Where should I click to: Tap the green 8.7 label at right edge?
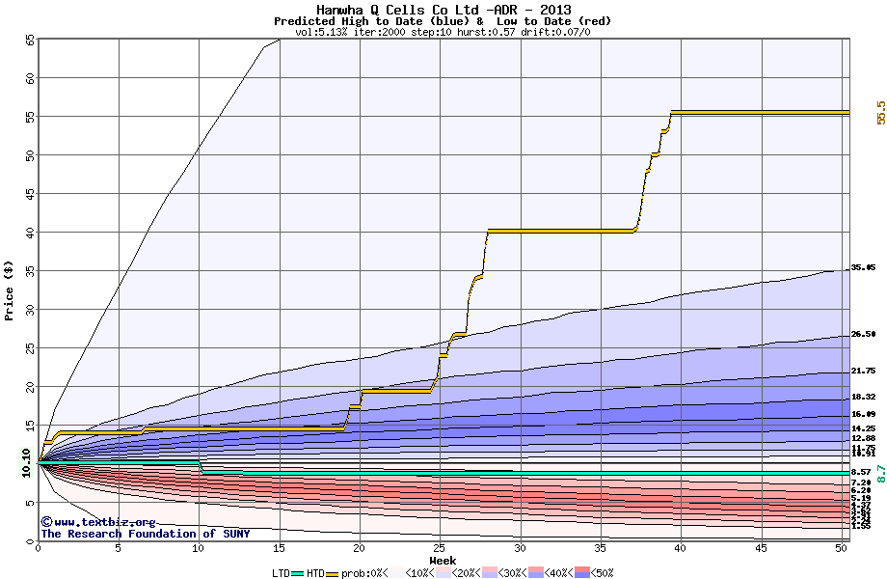pos(880,473)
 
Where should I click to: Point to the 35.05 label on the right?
pos(863,267)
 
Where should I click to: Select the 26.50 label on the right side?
pos(863,334)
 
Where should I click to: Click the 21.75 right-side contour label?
pos(863,371)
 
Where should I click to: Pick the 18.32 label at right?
pos(863,397)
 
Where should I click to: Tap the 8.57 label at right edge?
pos(861,472)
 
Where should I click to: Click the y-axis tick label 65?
pos(29,40)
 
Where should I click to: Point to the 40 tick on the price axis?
pos(29,233)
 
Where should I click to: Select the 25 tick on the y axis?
pos(29,348)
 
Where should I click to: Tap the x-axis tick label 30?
pos(521,548)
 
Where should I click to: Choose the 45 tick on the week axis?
pos(762,548)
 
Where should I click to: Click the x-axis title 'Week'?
pos(443,560)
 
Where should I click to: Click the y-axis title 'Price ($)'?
pos(10,289)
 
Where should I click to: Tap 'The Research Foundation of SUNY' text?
pos(145,534)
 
